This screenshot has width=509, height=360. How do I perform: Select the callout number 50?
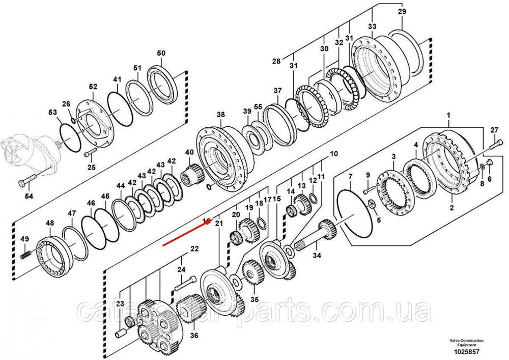click(x=161, y=53)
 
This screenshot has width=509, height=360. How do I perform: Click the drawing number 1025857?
click(x=466, y=352)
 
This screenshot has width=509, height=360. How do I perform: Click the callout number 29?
click(x=402, y=12)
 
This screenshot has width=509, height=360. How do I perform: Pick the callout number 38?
click(x=220, y=115)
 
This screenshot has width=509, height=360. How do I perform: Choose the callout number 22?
click(x=194, y=249)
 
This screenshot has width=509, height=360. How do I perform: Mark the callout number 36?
click(x=194, y=336)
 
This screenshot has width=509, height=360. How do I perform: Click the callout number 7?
click(x=350, y=177)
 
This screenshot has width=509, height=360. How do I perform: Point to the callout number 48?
click(x=49, y=224)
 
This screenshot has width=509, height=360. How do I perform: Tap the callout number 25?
click(x=92, y=167)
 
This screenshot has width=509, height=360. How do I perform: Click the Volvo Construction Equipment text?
click(x=466, y=342)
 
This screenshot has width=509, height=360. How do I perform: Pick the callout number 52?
click(x=93, y=88)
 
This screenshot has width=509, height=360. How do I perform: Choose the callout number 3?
click(x=393, y=156)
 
